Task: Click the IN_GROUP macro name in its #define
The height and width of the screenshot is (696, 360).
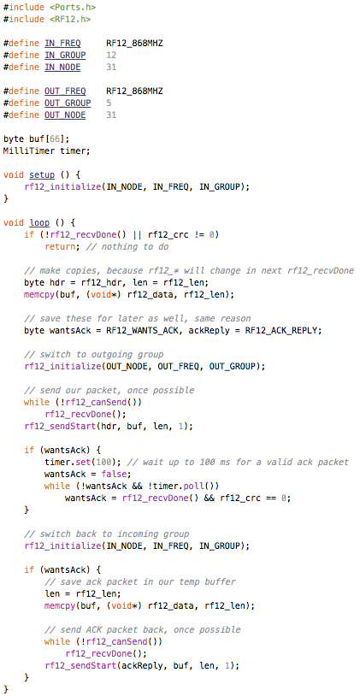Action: click(x=65, y=55)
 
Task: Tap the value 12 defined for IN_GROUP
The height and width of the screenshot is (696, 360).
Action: click(x=111, y=55)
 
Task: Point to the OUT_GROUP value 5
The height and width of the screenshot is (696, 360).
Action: click(x=109, y=103)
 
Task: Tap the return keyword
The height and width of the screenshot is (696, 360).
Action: click(x=60, y=246)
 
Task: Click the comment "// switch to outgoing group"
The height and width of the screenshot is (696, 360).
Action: click(x=94, y=354)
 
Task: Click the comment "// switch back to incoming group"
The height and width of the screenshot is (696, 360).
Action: click(x=107, y=534)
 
